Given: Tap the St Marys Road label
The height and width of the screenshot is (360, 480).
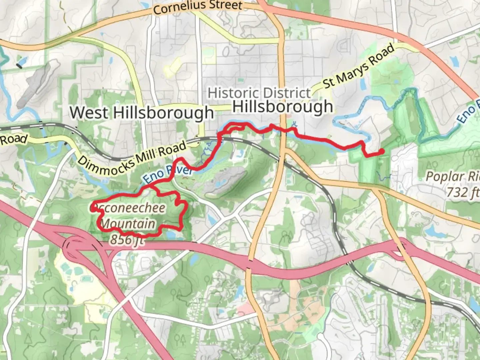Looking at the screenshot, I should point(359,67).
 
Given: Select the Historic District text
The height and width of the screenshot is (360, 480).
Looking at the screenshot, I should point(259,93).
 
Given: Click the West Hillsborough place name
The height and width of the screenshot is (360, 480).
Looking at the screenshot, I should point(141,112).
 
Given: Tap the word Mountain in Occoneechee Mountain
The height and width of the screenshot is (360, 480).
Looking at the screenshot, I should point(128,223).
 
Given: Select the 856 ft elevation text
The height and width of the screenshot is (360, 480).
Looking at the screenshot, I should point(127,239).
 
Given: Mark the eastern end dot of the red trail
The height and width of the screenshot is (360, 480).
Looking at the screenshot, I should point(381,152).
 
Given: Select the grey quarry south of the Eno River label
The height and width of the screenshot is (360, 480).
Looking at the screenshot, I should point(225,180).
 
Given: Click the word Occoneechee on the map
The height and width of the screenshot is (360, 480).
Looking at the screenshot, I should point(128,208).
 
